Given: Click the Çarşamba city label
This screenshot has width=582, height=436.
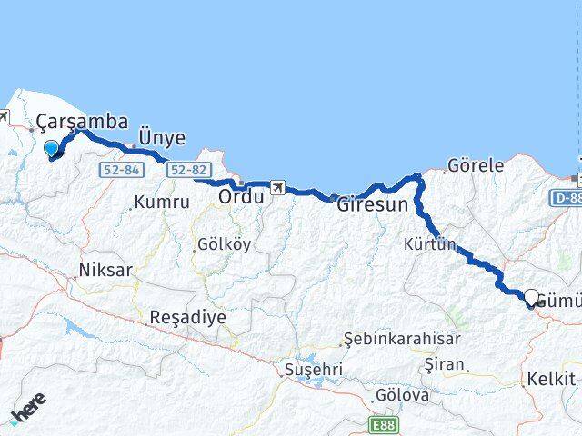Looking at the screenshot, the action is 83,122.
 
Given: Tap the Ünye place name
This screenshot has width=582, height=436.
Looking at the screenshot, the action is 162,138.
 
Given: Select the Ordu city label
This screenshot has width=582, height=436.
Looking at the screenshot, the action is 241,195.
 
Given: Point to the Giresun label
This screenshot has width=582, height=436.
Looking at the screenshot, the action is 372,204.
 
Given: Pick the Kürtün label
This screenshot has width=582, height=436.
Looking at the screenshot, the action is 429,244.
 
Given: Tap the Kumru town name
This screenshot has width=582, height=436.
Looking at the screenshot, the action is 162,203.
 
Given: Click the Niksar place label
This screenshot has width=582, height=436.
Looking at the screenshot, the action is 105,270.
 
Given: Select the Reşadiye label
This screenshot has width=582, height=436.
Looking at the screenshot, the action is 187,317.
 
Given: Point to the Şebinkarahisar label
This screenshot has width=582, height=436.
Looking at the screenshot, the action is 403,339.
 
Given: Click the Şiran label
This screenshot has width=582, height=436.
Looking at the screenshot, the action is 447,364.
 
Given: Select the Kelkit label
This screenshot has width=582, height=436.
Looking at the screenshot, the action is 551,379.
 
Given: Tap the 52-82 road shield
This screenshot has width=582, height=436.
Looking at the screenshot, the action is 189,169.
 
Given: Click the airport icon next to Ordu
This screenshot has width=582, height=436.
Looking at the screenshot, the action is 277,188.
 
